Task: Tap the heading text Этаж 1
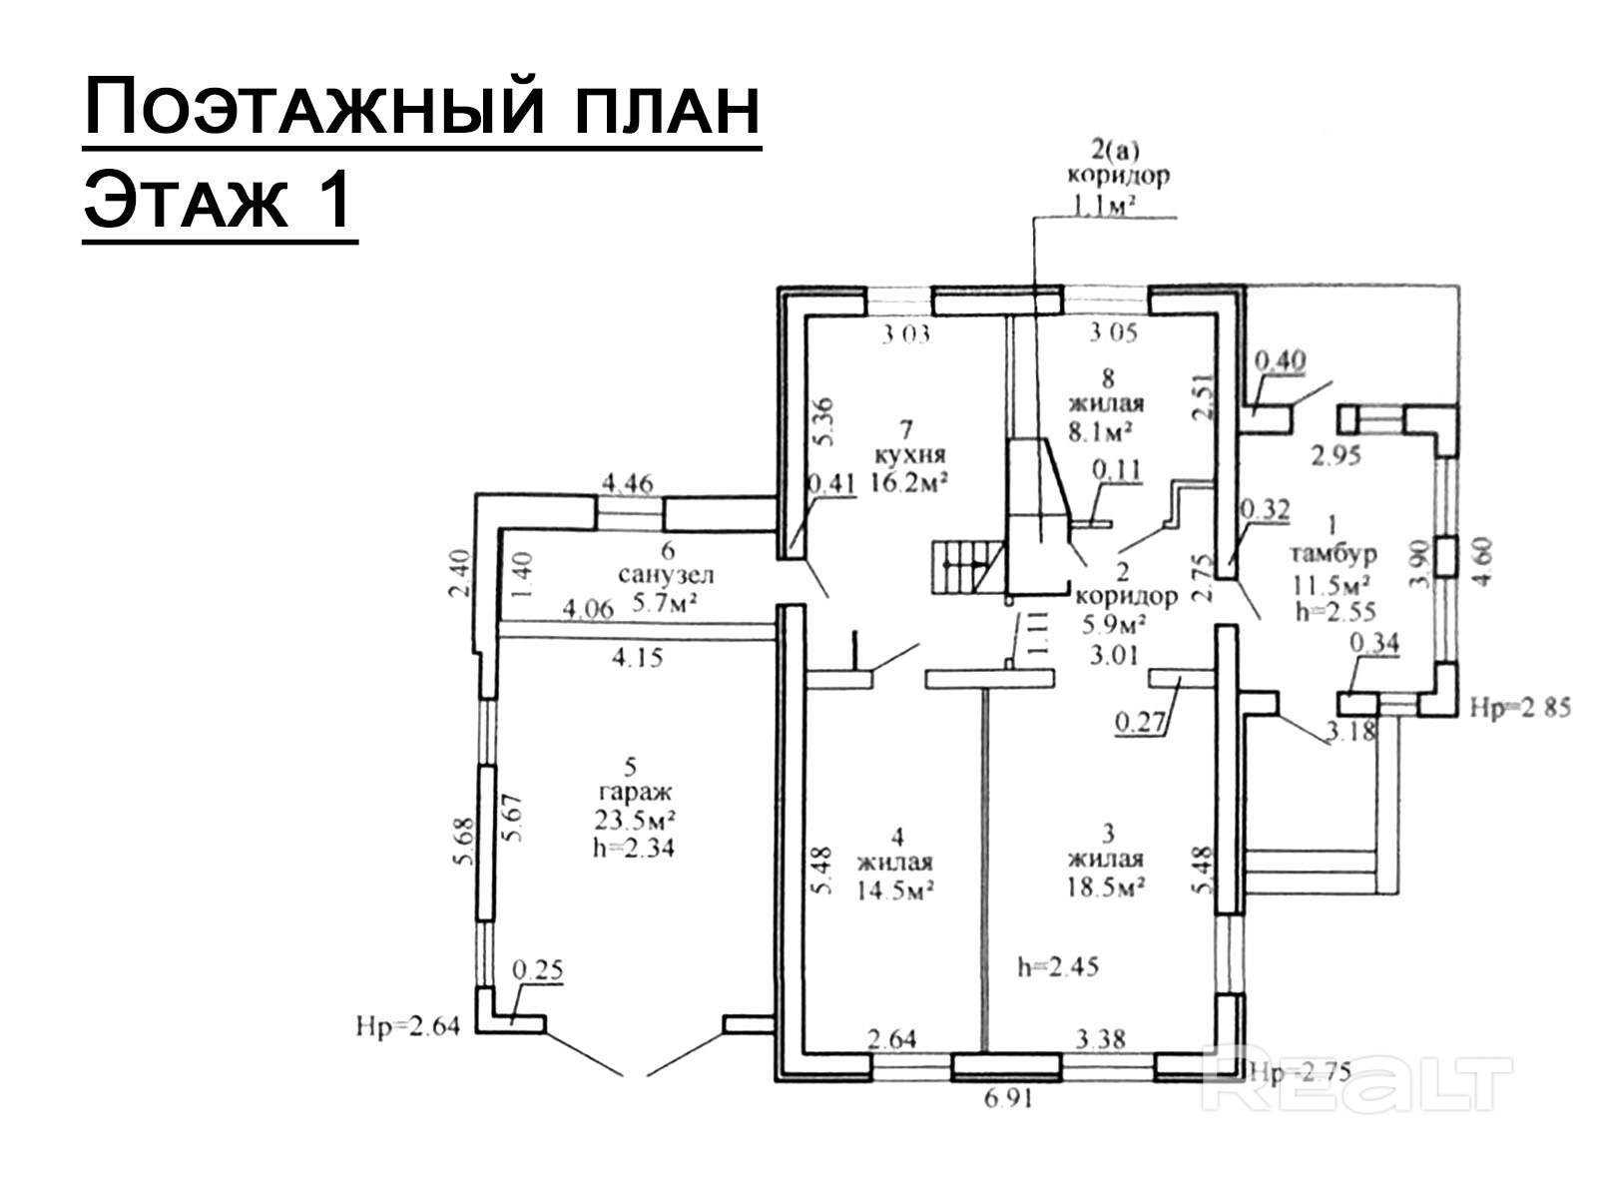(x=219, y=201)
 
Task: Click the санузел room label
(x=666, y=576)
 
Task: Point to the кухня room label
(x=909, y=455)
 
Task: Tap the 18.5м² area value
(x=1105, y=886)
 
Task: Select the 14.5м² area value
(x=894, y=891)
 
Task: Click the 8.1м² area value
(x=1105, y=431)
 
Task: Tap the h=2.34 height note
(x=633, y=848)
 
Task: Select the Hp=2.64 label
(x=407, y=1025)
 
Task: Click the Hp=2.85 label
(x=1521, y=708)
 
